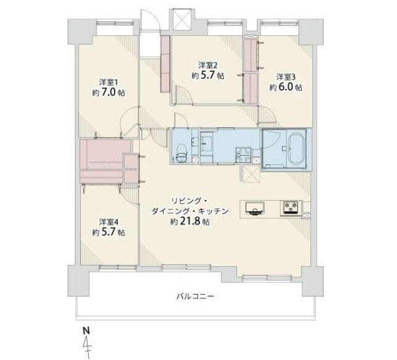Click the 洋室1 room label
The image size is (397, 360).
tap(109, 83)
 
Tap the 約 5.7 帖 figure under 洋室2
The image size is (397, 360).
tap(207, 75)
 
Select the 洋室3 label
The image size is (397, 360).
tap(286, 77)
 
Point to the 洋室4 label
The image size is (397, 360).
tap(109, 222)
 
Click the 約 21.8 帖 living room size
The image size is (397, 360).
tap(190, 222)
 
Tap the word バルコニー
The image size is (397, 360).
tap(195, 296)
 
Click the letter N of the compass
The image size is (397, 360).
tap(86, 330)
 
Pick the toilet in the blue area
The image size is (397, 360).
tap(182, 153)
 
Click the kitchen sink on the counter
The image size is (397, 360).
tap(255, 208)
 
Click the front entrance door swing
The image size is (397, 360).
tap(149, 21)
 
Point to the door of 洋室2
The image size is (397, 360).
tap(184, 95)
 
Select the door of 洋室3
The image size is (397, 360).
tap(267, 114)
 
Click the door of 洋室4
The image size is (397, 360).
tap(130, 195)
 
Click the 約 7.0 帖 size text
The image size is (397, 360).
tap(109, 93)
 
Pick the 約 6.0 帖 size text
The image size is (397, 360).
tap(286, 87)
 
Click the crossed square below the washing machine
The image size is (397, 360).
tap(251, 174)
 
